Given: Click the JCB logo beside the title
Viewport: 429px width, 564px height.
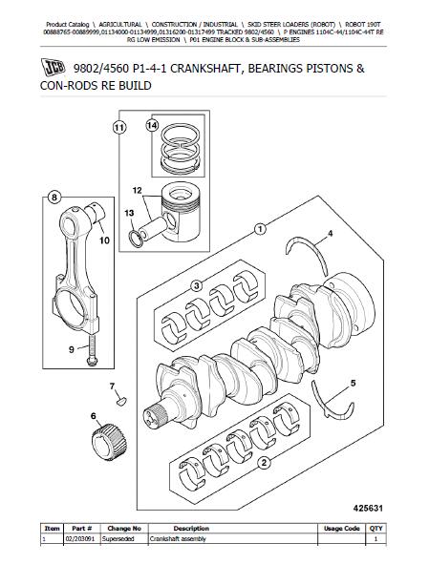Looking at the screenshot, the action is (53, 67).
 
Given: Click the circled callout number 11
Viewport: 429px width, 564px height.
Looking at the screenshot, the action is (119, 128).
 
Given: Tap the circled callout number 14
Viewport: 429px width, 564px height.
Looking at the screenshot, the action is (152, 125).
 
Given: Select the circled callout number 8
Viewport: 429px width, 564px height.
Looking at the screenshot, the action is (54, 198).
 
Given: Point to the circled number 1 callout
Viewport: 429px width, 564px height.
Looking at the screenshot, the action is (260, 229).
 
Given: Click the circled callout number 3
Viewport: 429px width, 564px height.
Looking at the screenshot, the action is (196, 286).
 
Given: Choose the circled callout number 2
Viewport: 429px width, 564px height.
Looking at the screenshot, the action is (264, 463).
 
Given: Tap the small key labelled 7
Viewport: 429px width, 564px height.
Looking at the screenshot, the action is (121, 401).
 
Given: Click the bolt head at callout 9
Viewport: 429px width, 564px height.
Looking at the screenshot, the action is (93, 361).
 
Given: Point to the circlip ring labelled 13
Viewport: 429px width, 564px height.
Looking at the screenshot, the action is (137, 239).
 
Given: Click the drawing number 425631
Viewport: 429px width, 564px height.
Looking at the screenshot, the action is (368, 509).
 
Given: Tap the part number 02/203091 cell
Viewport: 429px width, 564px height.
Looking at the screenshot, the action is (81, 539).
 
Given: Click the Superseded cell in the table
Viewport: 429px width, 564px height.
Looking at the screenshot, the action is (118, 539).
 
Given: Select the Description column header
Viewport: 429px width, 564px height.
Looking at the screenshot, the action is (191, 529).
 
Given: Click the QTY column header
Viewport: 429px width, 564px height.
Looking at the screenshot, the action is (375, 529).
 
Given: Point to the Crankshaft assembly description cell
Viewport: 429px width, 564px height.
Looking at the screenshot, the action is (178, 539).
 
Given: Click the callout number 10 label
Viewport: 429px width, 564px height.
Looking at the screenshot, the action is (104, 240).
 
